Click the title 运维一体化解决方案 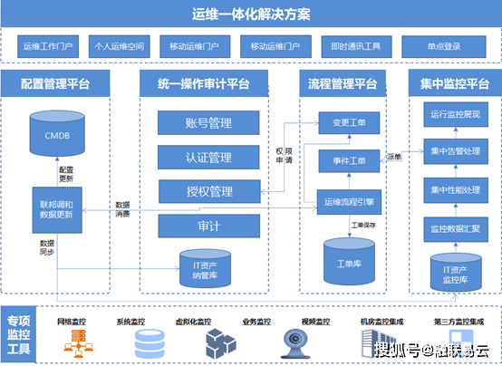pos(251,14)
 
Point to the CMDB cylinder pos(56,135)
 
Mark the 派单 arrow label pos(394,156)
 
